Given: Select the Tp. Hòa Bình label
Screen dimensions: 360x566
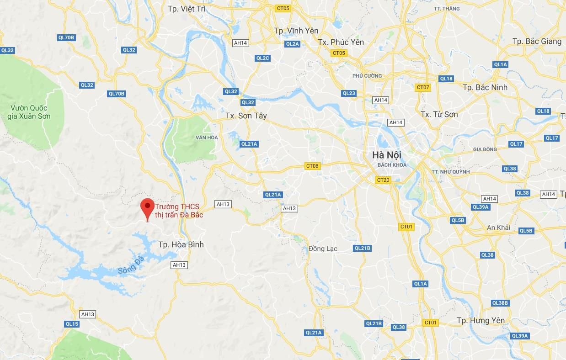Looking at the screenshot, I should [181, 244].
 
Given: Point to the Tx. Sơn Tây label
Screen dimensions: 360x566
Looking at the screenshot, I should [246, 116].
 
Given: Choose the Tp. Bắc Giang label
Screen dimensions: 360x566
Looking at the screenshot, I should [537, 41].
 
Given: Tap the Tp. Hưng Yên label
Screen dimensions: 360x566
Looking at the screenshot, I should [481, 320].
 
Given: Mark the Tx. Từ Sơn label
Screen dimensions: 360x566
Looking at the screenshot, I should [439, 114].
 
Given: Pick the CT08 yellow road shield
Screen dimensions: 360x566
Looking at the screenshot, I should [312, 166].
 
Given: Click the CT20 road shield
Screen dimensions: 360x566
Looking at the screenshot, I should [383, 180].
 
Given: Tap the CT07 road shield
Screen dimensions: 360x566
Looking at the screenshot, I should [423, 87].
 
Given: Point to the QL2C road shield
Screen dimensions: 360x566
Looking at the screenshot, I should [263, 58].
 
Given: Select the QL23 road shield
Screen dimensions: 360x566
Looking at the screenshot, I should [349, 93].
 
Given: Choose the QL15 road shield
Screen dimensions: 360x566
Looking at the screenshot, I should [72, 324].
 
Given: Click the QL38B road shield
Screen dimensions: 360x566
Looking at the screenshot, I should [500, 303].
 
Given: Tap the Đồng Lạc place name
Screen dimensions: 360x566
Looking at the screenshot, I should [323, 249].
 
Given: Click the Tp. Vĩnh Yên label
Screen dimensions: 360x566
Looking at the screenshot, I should [296, 31].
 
